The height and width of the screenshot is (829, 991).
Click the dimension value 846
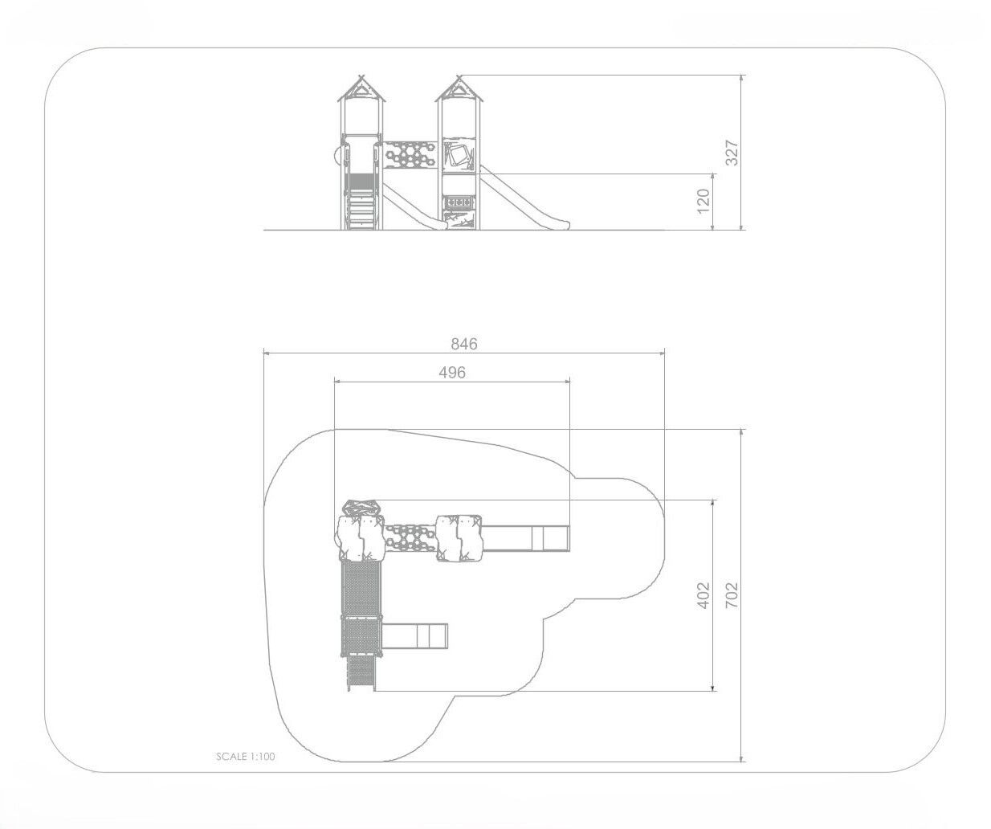[x=464, y=344]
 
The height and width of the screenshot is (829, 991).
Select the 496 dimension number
[x=452, y=373]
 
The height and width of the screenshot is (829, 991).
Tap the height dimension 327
[x=732, y=153]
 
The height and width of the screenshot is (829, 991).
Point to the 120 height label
[x=703, y=202]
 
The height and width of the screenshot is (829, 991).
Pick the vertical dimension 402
[x=703, y=595]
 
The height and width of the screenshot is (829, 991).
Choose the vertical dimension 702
[x=732, y=595]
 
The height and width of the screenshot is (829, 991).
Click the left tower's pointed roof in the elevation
[x=361, y=89]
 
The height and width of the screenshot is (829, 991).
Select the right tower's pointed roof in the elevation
[x=459, y=89]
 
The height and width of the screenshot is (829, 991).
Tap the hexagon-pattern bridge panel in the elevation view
[x=409, y=154]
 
